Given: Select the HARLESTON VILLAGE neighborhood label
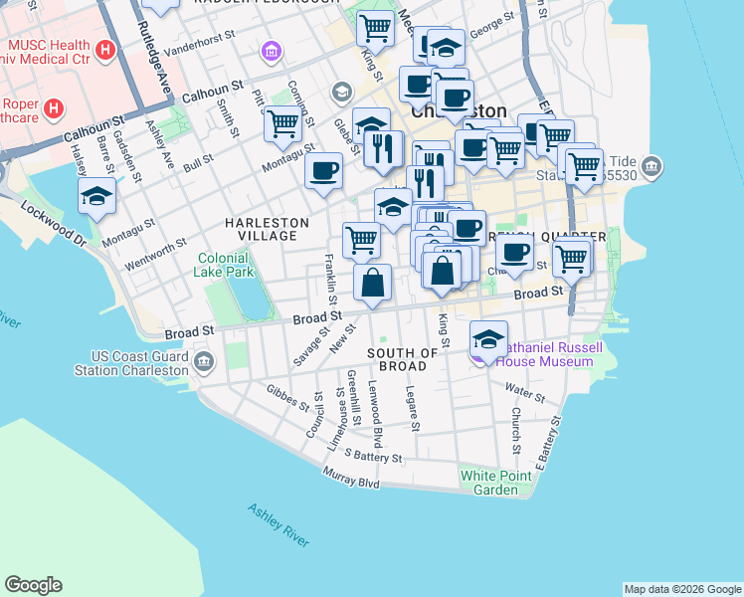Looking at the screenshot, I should [261, 229].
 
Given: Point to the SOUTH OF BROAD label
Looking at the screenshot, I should [403, 359].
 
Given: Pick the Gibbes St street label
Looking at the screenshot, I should [287, 397].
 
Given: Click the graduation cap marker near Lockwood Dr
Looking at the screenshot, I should [97, 196].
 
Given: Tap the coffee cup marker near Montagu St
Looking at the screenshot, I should [323, 170].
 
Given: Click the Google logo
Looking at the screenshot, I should [33, 585].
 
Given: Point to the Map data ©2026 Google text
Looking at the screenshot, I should [682, 589].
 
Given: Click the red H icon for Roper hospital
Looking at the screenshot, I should [54, 106].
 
